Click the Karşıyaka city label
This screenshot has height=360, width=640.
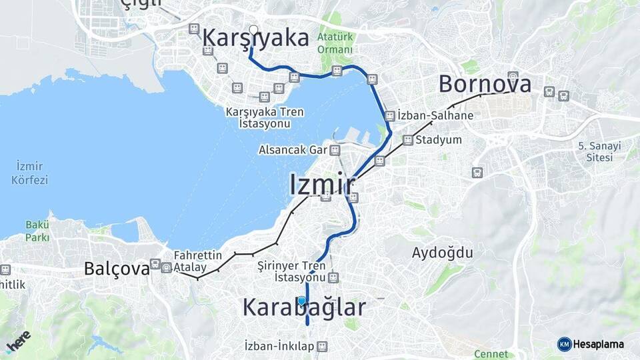(256, 38)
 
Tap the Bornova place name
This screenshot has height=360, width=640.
(485, 84)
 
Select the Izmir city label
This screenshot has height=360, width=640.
(321, 185)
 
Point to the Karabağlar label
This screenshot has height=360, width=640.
(304, 307)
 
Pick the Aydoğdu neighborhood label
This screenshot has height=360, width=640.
(442, 253)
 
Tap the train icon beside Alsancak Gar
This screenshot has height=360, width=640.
(335, 150)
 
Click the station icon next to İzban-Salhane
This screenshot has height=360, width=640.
(389, 115)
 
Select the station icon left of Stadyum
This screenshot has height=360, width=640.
(407, 140)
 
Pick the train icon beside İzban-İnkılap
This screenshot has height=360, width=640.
(323, 347)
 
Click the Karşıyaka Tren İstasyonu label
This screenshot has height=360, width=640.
(264, 118)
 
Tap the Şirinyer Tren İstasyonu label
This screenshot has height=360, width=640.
(291, 271)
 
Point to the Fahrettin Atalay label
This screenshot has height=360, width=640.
(197, 261)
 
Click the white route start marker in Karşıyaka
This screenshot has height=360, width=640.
(253, 29)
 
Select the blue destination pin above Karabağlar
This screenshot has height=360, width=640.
(302, 301)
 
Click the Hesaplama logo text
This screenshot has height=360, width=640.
(599, 344)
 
